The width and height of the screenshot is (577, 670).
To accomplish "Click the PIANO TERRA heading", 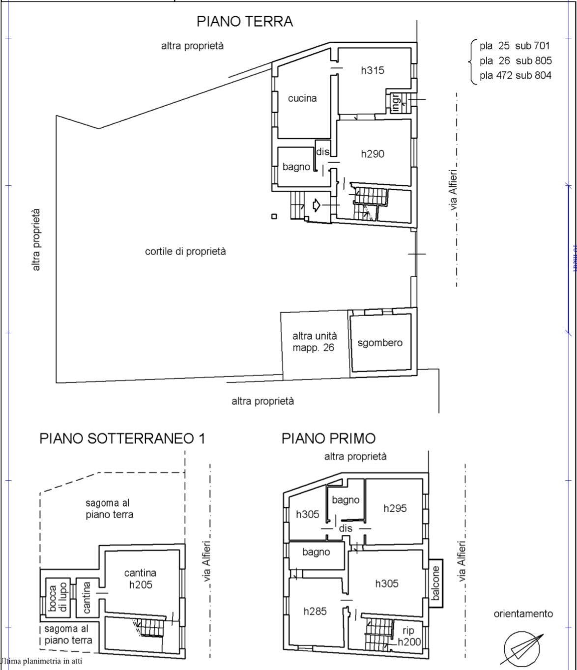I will click(x=244, y=22).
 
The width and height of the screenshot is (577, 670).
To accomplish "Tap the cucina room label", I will click(x=302, y=98).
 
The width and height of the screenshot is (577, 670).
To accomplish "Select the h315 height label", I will click(x=373, y=70).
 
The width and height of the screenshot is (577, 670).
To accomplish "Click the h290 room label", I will click(x=373, y=154).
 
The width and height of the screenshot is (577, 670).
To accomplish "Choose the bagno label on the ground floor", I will click(x=296, y=167).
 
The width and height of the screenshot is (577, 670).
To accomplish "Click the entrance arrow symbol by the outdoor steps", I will click(x=316, y=204).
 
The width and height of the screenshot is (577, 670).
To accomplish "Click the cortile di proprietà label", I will click(x=185, y=251).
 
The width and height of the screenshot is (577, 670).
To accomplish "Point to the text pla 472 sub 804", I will click(x=515, y=76).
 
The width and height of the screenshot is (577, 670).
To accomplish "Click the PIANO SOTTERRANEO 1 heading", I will click(x=122, y=438).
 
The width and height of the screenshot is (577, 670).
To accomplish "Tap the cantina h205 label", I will click(x=140, y=579).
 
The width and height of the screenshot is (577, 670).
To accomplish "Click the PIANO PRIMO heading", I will click(x=328, y=438).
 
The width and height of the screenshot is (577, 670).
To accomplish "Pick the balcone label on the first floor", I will click(x=435, y=583).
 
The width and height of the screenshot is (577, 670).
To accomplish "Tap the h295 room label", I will click(x=395, y=508).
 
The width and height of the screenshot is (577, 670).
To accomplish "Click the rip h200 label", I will click(x=408, y=636).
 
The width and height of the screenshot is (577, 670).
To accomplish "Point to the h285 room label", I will click(x=315, y=612).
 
